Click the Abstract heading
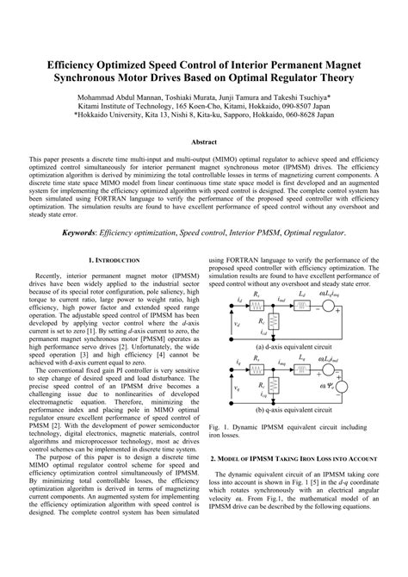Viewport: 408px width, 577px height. (x=203, y=140)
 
